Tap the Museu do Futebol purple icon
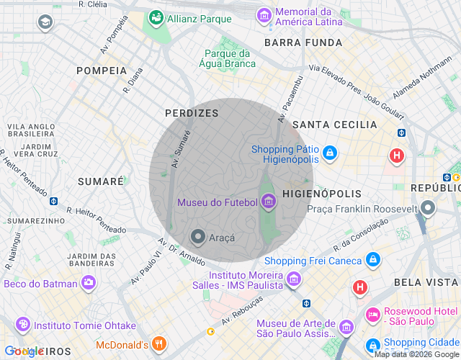point(269,202)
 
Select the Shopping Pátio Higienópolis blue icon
point(329,153)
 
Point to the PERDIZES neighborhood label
point(191,114)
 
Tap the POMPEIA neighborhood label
point(102,71)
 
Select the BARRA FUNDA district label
point(303,42)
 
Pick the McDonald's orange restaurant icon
point(161,344)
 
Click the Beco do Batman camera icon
point(88,283)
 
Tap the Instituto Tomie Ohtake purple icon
point(22,325)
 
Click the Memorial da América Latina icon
point(264,14)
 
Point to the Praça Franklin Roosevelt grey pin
point(429,209)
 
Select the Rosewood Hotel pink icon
point(372,315)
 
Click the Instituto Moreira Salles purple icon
point(293,279)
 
